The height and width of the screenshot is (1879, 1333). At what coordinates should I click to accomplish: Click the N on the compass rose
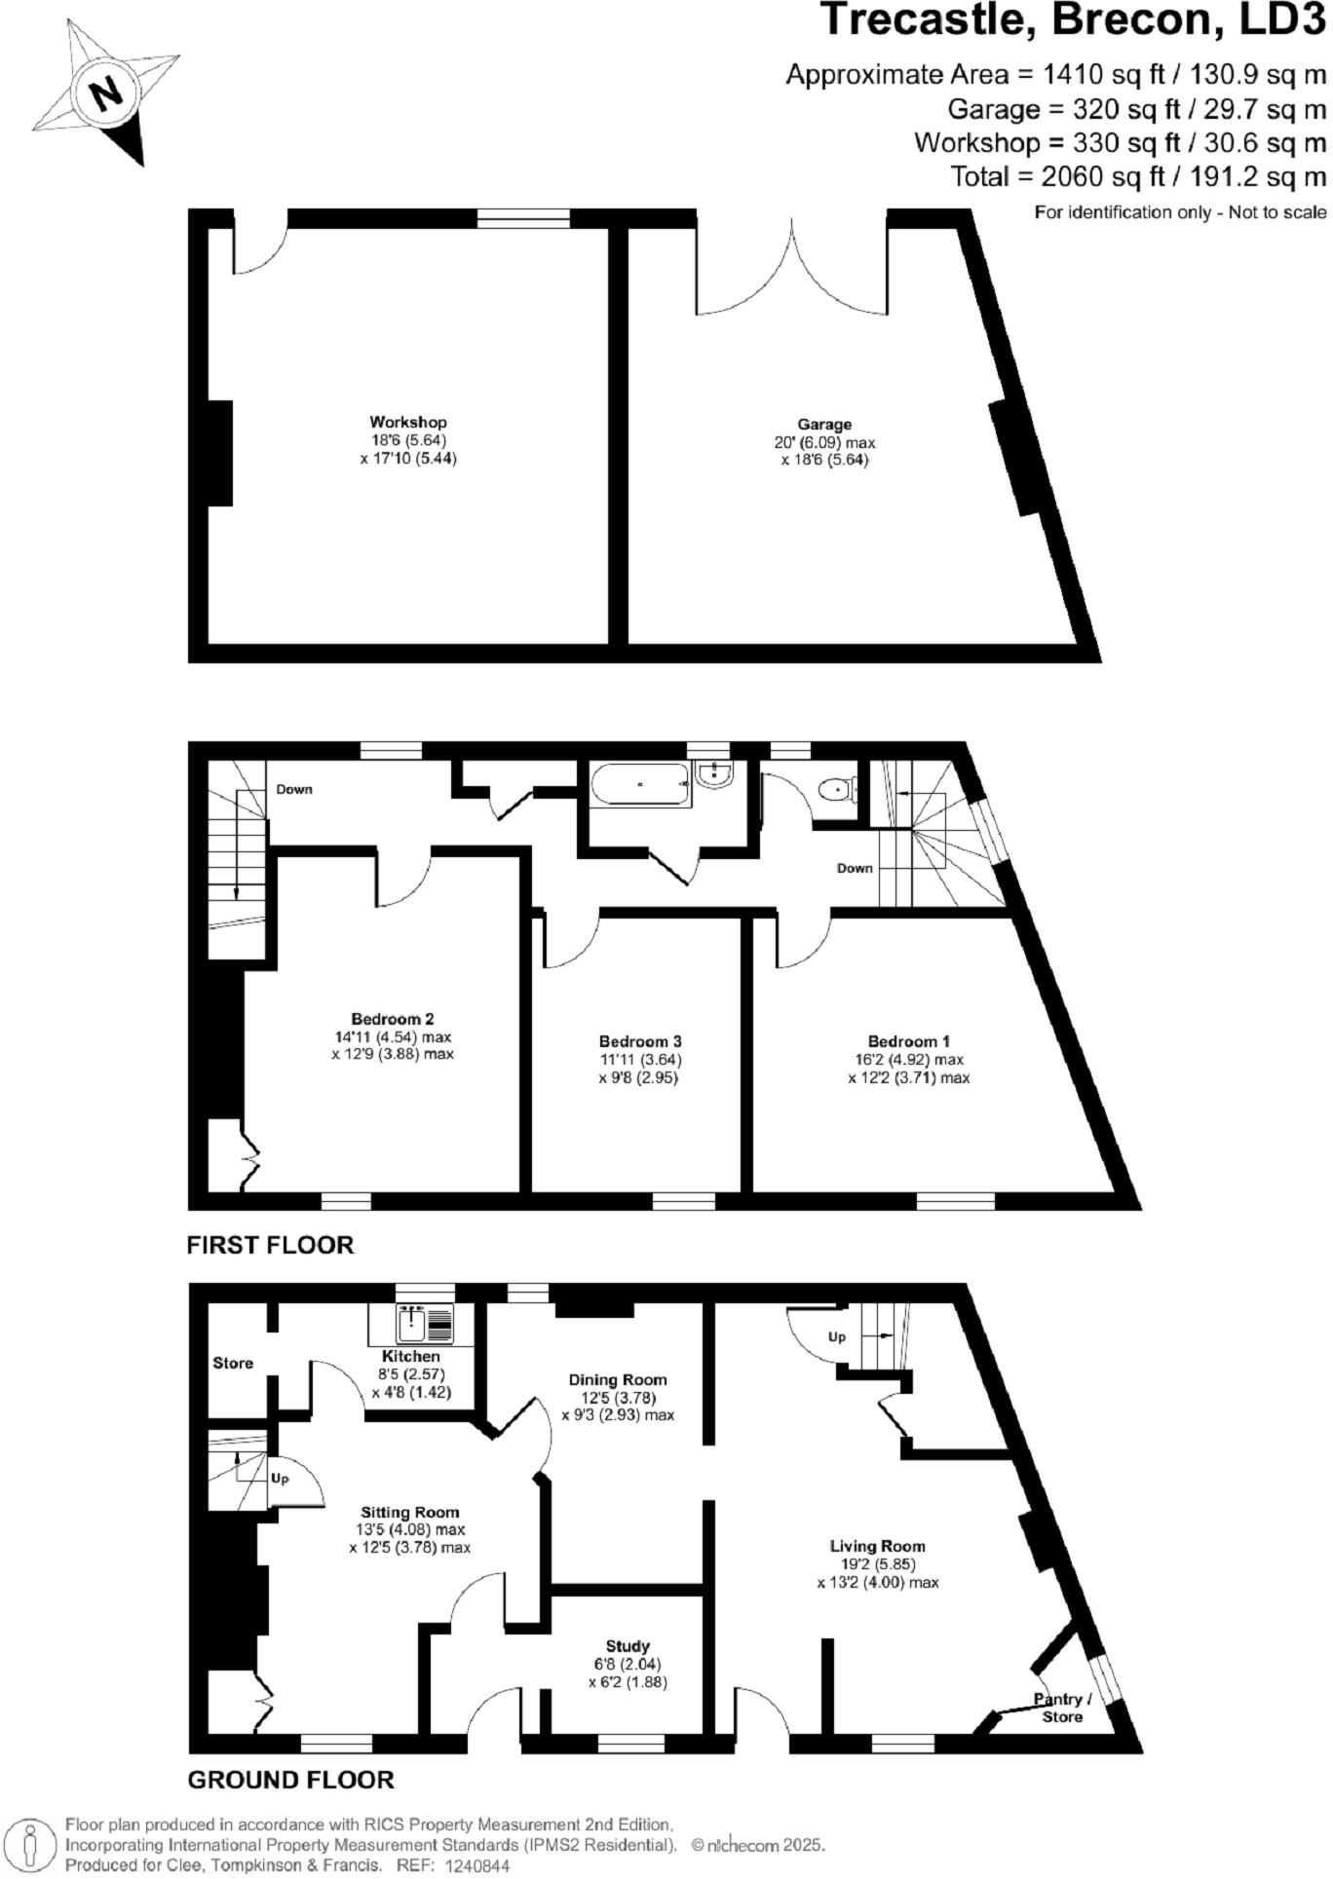[105, 94]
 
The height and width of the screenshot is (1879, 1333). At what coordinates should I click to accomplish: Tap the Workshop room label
[407, 422]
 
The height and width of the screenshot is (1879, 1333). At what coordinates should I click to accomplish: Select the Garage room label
[824, 424]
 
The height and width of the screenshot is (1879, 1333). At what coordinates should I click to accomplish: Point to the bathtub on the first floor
[640, 784]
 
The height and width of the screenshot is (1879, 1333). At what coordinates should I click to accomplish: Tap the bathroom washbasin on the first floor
[715, 775]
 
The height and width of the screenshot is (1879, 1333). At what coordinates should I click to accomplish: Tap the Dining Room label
[618, 1379]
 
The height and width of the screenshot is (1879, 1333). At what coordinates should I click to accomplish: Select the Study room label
[628, 1646]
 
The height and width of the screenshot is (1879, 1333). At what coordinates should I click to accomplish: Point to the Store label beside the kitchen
[233, 1363]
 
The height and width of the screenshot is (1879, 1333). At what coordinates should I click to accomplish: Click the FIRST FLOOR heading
[270, 1245]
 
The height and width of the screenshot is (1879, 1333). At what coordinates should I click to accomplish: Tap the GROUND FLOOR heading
[290, 1780]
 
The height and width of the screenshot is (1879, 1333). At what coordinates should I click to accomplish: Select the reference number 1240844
[476, 1865]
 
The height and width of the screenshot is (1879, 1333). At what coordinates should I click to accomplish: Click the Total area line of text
[1138, 176]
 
